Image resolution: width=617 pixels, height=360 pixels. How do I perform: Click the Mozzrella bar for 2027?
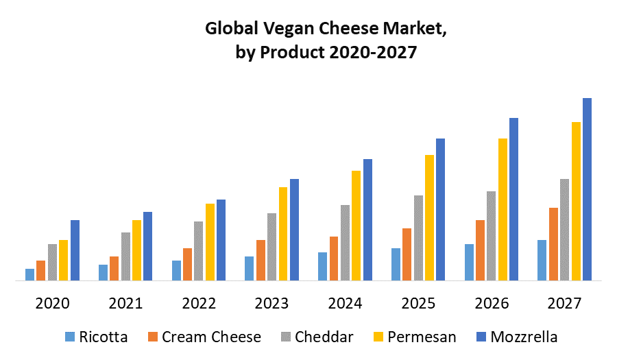pos(587,189)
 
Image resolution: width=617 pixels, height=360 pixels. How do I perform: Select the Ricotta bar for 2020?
pos(29,274)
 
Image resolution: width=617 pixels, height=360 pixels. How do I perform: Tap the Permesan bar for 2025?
pos(429,217)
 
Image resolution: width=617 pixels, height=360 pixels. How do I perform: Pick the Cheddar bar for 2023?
pos(271,247)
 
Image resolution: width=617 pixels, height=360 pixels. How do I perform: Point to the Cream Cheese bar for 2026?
pos(480,250)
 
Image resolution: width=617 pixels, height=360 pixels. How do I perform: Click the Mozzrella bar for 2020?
pos(75,250)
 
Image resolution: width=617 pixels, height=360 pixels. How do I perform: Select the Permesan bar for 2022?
pos(210,242)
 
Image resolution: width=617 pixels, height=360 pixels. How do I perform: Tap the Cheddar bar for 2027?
pos(564,230)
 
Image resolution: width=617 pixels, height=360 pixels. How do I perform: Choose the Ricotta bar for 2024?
pos(322,266)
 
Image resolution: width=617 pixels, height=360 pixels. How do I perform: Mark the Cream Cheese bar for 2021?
pos(114,268)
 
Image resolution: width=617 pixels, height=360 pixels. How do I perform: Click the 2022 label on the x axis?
pos(199,303)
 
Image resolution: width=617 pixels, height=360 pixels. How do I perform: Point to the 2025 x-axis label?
pos(418,303)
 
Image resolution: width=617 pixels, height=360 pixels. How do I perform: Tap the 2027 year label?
pos(564,303)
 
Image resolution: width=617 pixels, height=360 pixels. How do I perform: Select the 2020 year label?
pos(52,303)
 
